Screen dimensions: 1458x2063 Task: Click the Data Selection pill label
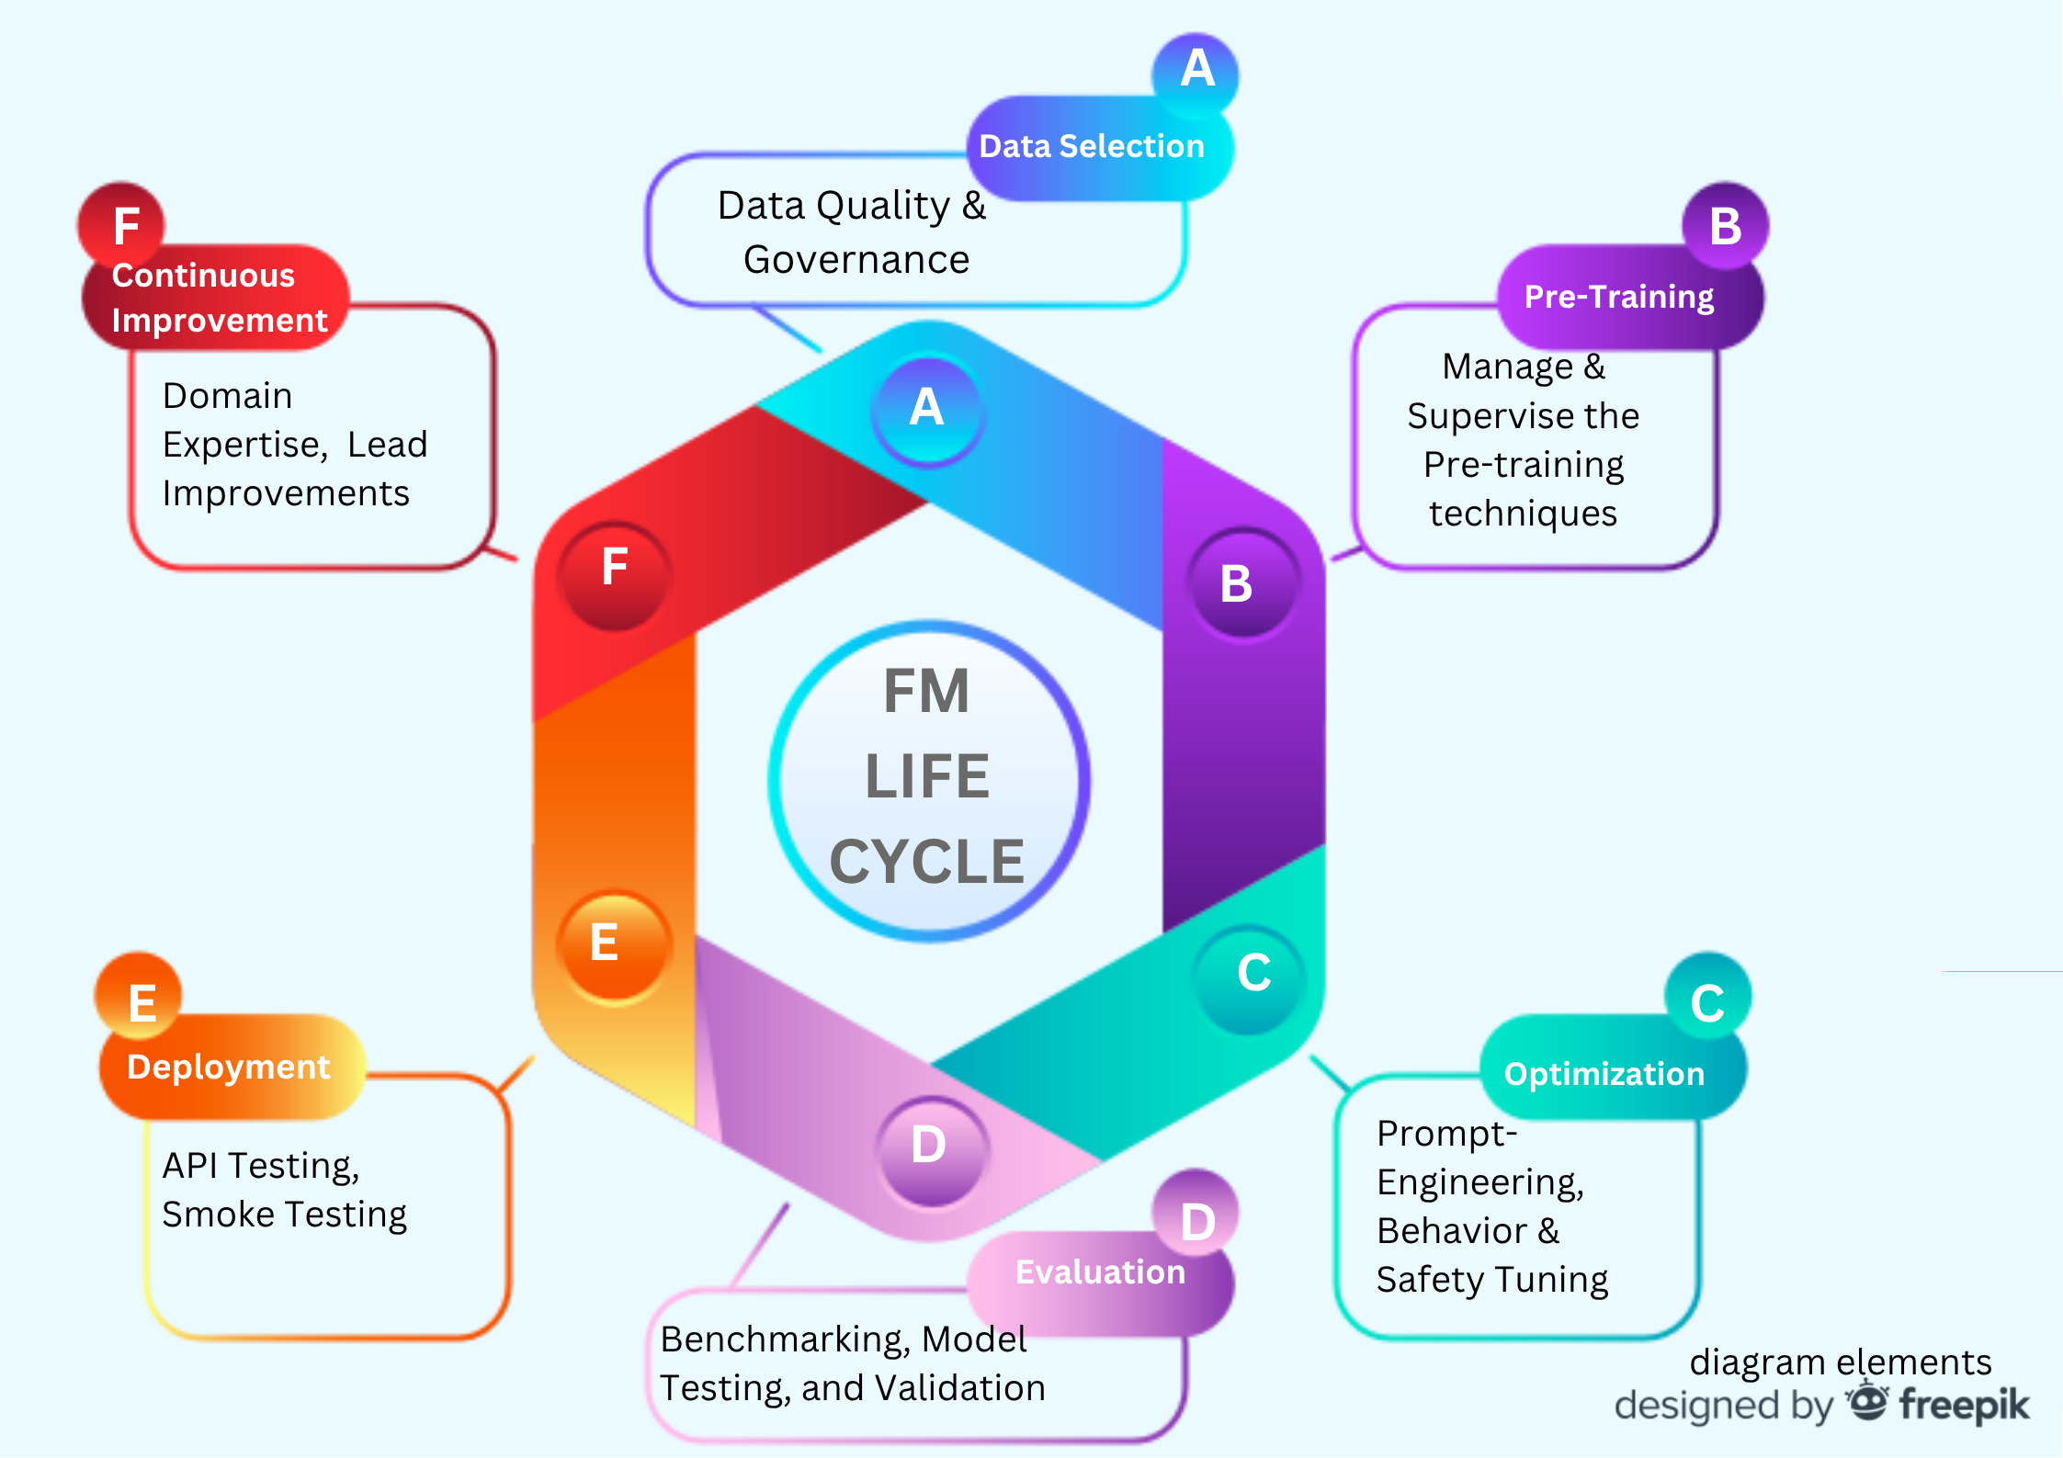click(x=1092, y=147)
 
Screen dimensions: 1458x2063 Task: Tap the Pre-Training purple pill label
click(x=1619, y=297)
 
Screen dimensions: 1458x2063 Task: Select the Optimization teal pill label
click(x=1604, y=1074)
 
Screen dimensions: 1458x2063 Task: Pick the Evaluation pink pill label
click(x=1100, y=1272)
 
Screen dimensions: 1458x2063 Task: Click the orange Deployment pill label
click(x=229, y=1068)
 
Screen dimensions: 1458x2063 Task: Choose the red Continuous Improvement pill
click(x=219, y=299)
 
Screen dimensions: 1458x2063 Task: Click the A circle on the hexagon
click(x=927, y=409)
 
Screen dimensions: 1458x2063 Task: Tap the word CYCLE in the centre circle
click(x=926, y=863)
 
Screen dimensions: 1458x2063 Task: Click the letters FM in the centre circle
click(x=926, y=692)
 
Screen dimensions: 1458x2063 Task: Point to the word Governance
click(x=856, y=261)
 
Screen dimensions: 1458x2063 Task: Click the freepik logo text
click(x=1964, y=1406)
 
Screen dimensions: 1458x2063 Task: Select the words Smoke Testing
click(x=284, y=1215)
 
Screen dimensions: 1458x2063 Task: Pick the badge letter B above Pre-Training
click(x=1725, y=227)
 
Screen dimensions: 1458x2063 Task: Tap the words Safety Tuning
click(x=1491, y=1281)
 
